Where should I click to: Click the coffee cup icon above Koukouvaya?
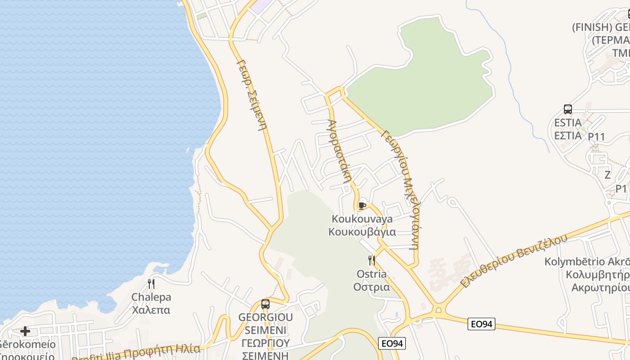click(362, 206)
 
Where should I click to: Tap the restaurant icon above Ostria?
click(372, 260)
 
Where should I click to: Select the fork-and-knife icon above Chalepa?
click(151, 283)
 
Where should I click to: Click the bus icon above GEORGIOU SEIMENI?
click(265, 304)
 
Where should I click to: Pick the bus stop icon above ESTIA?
click(568, 109)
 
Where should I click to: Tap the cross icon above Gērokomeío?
click(25, 331)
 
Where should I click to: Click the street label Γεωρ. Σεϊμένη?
click(252, 94)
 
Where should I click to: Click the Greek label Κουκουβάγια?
click(362, 232)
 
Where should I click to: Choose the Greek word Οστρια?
click(372, 287)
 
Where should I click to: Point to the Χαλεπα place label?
click(151, 310)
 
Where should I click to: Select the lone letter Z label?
click(607, 175)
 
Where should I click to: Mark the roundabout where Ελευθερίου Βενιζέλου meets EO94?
click(438, 310)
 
